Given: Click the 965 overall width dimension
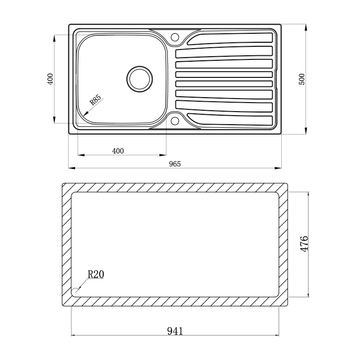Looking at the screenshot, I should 175,164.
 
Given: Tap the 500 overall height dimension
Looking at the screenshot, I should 302,79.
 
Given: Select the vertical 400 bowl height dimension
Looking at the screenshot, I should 50,79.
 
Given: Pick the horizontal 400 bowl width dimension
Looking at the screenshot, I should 117,151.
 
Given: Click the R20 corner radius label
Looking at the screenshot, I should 95,274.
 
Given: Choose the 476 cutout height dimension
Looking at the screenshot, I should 304,243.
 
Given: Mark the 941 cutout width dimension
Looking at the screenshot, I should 175,331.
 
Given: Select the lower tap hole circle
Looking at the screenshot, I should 175,121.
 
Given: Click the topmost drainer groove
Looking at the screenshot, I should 229,38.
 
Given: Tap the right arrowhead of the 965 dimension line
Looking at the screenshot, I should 279,168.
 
